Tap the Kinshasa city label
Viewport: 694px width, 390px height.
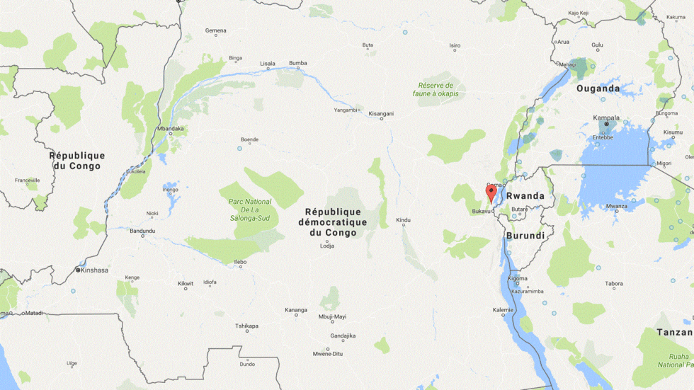[x=94, y=270]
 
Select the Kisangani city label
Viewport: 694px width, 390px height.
[x=381, y=113]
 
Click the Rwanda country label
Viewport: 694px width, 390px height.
[x=525, y=196]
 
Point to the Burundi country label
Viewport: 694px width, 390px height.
[x=525, y=235]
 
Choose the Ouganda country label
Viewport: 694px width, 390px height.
[x=598, y=88]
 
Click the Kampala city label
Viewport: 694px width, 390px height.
[x=607, y=118]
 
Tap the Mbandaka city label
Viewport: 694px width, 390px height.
[x=171, y=129]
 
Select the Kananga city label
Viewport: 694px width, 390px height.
[x=296, y=310]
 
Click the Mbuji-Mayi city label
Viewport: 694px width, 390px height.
[x=332, y=316]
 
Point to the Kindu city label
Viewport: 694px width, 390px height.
[x=403, y=220]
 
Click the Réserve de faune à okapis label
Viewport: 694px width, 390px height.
[x=436, y=89]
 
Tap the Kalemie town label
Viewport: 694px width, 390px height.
[x=503, y=310]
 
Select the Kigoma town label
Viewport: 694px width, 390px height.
[x=518, y=278]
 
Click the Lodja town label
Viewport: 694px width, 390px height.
[x=326, y=245]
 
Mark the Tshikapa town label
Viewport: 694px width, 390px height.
[x=246, y=326]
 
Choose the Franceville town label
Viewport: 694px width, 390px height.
[x=28, y=180]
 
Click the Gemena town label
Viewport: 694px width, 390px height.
[x=215, y=30]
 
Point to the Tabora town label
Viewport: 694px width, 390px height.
[x=614, y=284]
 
